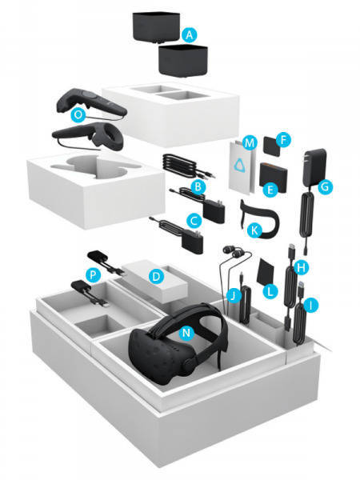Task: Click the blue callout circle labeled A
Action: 189,35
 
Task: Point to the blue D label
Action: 158,278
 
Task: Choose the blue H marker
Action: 300,266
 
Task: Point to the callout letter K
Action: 255,229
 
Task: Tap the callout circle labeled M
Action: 250,143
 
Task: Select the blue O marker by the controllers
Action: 78,115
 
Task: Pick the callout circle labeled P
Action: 94,274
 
